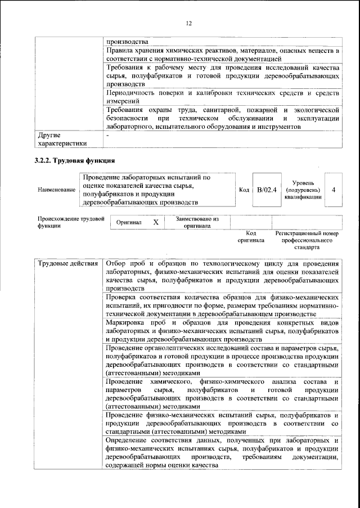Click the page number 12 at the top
tap(188, 23)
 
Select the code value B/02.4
tap(266, 190)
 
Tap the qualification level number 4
tap(334, 190)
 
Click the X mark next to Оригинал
tap(156, 222)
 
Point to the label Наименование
tap(56, 190)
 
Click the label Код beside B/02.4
tap(244, 190)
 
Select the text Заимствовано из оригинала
tap(197, 222)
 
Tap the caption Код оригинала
tap(251, 236)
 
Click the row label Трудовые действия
tap(67, 264)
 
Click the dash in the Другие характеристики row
tap(107, 136)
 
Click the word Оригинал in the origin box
tap(129, 222)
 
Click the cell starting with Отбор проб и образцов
tap(222, 276)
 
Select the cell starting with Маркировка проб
tap(222, 331)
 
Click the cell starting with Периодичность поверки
tap(222, 96)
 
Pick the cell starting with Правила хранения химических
tap(222, 54)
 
